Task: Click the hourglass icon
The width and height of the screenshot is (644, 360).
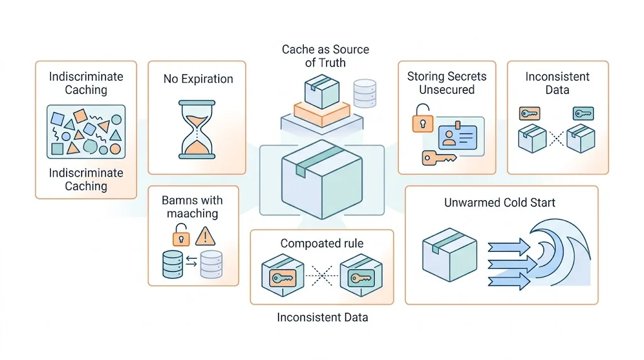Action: [x=197, y=129]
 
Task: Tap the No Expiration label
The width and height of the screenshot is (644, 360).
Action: [x=198, y=79]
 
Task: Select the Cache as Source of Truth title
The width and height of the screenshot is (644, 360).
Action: [x=325, y=56]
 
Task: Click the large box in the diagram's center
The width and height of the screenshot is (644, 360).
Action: [x=321, y=179]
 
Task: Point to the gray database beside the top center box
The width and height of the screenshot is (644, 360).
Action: [x=365, y=93]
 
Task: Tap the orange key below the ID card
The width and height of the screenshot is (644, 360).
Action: [x=438, y=158]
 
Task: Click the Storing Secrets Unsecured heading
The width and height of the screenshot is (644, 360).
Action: [x=447, y=83]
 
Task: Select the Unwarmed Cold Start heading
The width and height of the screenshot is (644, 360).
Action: [x=499, y=203]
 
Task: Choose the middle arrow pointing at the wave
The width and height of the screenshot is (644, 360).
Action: [x=512, y=264]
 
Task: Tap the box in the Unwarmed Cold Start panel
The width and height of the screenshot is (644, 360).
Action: [x=449, y=254]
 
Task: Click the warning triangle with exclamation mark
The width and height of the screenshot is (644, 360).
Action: [x=205, y=236]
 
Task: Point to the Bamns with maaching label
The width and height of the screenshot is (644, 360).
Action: [x=192, y=206]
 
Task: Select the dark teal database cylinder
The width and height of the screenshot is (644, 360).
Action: [x=172, y=264]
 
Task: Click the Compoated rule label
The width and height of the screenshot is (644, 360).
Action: [x=322, y=244]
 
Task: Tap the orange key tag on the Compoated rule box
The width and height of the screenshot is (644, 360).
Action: [x=282, y=278]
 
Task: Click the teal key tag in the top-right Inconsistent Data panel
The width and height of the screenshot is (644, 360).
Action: [x=583, y=113]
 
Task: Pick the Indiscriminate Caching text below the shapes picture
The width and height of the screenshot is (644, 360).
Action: [x=86, y=179]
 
